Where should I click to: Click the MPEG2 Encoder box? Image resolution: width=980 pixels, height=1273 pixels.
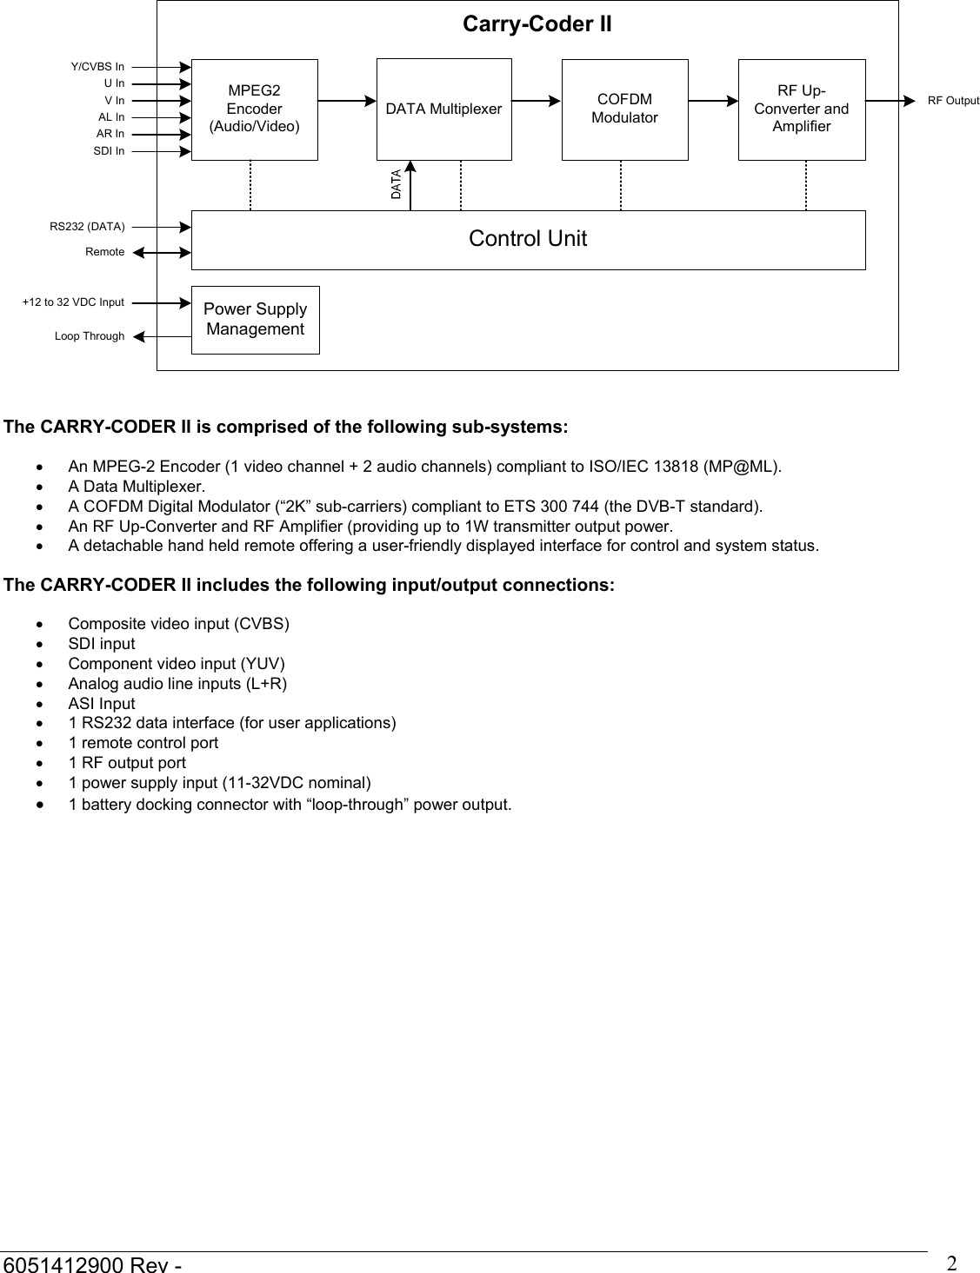[x=254, y=109]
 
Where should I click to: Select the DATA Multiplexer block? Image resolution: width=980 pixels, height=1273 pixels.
[x=443, y=109]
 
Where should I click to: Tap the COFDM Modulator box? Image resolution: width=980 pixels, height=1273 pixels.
[x=624, y=109]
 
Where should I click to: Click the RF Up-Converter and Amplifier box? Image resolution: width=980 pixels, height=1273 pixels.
[x=801, y=109]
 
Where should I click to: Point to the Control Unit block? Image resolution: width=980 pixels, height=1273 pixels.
[x=528, y=239]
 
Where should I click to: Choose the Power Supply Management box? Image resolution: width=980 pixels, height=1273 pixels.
[x=255, y=320]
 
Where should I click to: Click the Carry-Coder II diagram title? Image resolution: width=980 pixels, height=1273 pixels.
[x=537, y=24]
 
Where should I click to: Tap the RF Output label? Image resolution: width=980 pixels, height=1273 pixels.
[x=952, y=101]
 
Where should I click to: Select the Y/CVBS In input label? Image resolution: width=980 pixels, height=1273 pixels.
[x=97, y=67]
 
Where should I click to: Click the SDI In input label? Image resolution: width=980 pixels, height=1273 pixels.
[x=109, y=151]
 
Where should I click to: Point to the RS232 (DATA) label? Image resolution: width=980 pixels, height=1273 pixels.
[x=87, y=227]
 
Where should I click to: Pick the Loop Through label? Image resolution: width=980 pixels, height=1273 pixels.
[x=90, y=336]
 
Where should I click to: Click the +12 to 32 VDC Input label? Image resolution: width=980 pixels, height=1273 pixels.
[x=73, y=302]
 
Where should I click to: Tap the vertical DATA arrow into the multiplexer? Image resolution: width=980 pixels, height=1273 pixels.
[x=410, y=186]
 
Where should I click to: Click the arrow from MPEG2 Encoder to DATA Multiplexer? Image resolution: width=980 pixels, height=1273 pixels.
[x=346, y=101]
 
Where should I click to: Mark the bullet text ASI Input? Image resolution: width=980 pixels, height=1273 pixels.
[x=102, y=704]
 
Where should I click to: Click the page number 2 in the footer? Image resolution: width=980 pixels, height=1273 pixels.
[x=951, y=1262]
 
